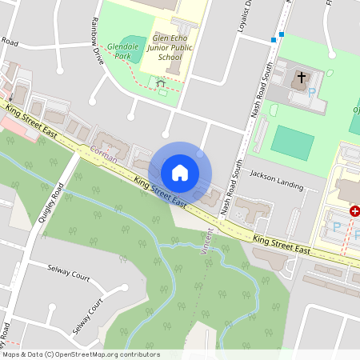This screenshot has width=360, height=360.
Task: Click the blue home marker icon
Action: (180, 173)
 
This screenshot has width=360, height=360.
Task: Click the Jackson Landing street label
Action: (277, 180)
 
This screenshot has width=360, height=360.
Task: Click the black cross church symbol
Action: (302, 78)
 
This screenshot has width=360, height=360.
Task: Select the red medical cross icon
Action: (354, 211)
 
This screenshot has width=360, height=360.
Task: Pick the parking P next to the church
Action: (312, 93)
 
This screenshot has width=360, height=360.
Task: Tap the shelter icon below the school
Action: (160, 82)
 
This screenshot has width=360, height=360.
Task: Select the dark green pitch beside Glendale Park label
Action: (137, 43)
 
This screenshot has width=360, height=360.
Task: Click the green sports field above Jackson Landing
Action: (292, 142)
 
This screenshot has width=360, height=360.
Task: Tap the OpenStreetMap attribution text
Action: (80, 354)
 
